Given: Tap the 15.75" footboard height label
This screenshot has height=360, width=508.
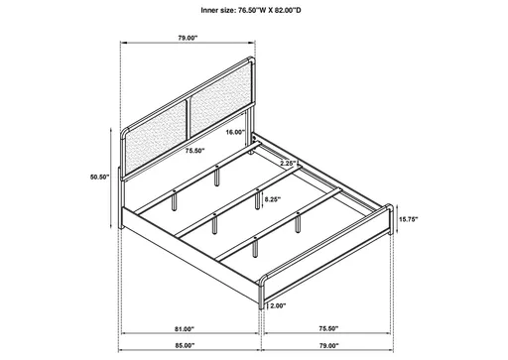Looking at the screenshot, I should (x=411, y=220).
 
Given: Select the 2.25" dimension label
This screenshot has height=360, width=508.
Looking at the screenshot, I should (x=290, y=163).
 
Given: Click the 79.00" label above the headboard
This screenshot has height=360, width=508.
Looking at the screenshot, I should (x=188, y=39).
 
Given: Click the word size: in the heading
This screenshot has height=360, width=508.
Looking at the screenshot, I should (x=216, y=12).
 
